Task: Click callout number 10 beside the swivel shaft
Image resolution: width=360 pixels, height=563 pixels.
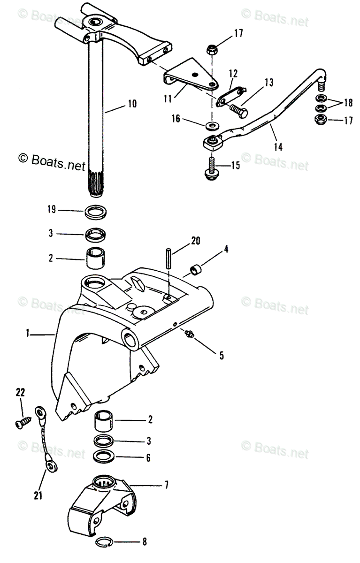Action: click(x=132, y=104)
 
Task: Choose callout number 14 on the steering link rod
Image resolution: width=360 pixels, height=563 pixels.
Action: click(x=278, y=147)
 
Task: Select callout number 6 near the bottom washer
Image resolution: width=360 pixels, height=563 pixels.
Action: click(x=148, y=457)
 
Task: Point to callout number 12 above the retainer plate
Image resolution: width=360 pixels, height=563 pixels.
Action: click(x=234, y=73)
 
